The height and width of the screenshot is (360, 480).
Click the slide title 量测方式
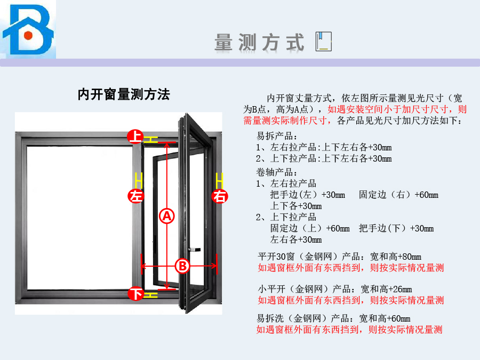coord(260,42)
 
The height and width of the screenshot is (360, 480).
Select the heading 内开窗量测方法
coord(124,95)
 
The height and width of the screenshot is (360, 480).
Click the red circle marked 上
coord(136,137)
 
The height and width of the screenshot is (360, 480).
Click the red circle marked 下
coord(137,293)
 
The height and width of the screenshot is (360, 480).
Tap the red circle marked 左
coord(137,196)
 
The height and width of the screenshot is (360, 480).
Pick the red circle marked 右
coord(219,196)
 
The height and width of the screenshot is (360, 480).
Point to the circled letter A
coord(167,216)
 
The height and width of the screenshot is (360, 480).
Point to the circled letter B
coord(182,265)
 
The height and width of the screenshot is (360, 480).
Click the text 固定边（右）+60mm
coord(398,195)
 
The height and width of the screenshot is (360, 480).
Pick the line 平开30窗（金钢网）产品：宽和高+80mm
coord(339,257)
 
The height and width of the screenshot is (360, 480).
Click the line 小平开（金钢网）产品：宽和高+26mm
coord(335,289)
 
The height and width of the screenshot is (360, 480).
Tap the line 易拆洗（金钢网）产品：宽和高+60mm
coord(333,318)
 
